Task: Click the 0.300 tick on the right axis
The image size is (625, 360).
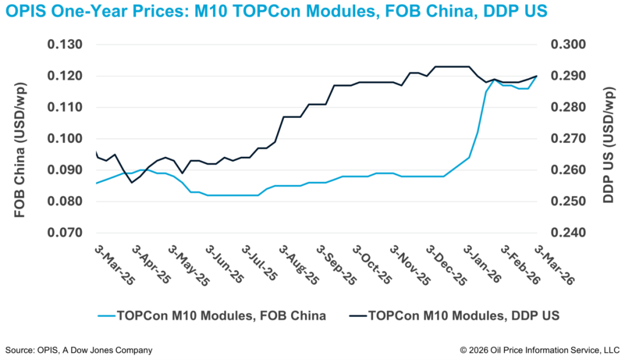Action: click(x=568, y=45)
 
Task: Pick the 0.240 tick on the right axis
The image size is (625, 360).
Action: click(x=568, y=233)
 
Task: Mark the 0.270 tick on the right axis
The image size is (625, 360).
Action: click(x=568, y=139)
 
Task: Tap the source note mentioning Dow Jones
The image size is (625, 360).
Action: click(x=79, y=350)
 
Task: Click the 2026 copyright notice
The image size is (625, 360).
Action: click(x=540, y=350)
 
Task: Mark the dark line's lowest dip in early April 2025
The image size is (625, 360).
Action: click(x=132, y=182)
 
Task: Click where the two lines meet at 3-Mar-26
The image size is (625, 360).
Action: click(x=536, y=76)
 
